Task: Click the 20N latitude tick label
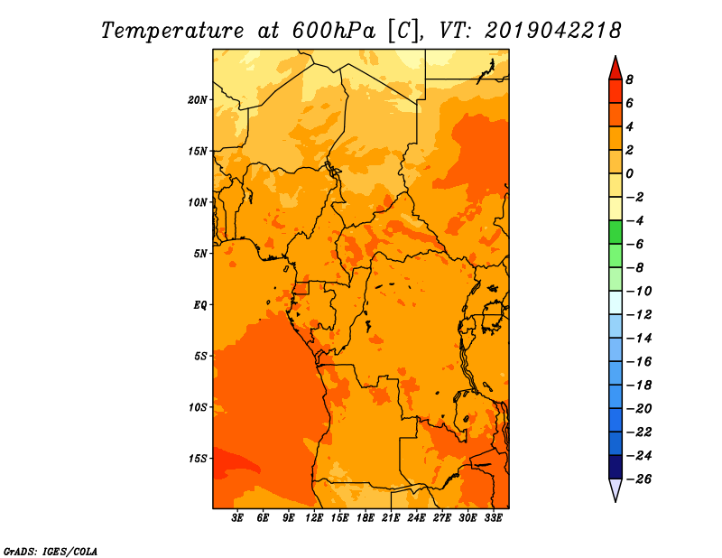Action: point(198,100)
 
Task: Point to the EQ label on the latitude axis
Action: point(200,305)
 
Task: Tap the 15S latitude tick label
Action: point(198,459)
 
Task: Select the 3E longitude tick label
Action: point(237,518)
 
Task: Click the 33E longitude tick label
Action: point(493,518)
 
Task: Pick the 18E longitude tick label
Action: point(366,518)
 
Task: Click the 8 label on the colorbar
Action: point(629,79)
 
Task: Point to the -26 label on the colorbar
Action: point(639,479)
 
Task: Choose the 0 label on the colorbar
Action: point(629,173)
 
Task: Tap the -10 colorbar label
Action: point(639,292)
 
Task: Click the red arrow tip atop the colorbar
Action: point(616,56)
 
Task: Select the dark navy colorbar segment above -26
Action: point(616,467)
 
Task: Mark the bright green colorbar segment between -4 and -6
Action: point(616,232)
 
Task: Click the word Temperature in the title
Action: point(172,31)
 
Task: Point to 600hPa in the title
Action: point(333,31)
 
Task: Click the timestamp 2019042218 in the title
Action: point(552,31)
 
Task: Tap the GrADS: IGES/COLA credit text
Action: point(51,552)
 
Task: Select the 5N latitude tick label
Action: point(200,254)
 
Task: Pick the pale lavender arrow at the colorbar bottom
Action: point(616,490)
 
